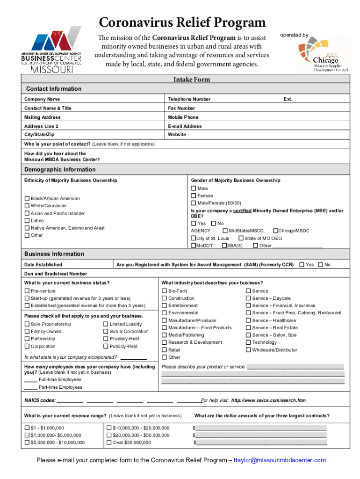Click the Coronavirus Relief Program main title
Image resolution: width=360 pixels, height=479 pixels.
182,22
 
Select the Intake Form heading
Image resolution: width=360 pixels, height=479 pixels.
192,80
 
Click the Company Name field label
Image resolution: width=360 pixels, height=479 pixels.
42,99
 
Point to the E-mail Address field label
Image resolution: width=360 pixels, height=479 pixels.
185,126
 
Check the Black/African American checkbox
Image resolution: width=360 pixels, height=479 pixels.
27,199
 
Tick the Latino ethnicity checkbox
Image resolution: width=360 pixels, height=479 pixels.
27,221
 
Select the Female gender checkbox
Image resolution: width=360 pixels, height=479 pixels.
194,196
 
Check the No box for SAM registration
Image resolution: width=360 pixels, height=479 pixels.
320,265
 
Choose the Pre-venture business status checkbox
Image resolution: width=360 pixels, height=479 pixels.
27,291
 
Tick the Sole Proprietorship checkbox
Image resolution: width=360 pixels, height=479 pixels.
27,324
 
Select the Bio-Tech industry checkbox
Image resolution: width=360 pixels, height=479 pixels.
164,291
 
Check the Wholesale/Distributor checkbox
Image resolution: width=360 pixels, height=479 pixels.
248,350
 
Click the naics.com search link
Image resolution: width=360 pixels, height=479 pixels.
268,400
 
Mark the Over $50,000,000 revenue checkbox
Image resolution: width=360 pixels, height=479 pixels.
109,443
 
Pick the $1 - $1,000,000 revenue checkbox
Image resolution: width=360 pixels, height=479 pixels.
27,428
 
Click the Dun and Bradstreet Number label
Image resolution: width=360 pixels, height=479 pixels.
55,274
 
